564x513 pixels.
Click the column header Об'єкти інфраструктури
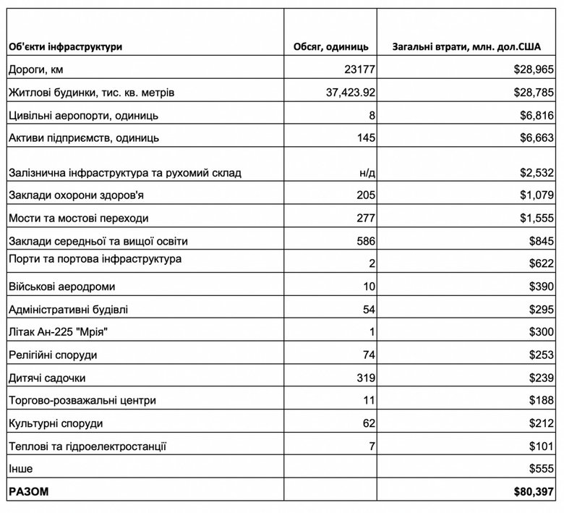[x=65, y=47]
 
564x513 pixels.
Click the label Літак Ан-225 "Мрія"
[x=65, y=332]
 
